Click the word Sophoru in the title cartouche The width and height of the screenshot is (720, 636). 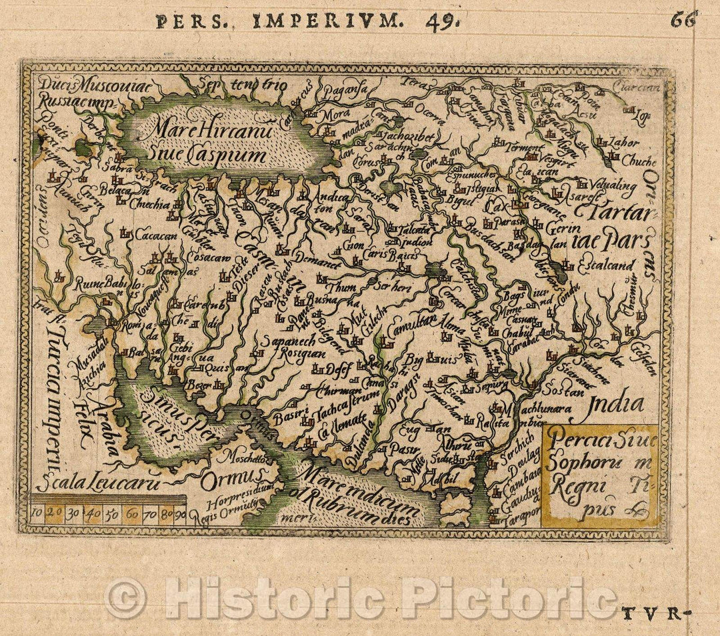click(574, 464)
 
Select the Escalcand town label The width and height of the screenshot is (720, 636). click(607, 265)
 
